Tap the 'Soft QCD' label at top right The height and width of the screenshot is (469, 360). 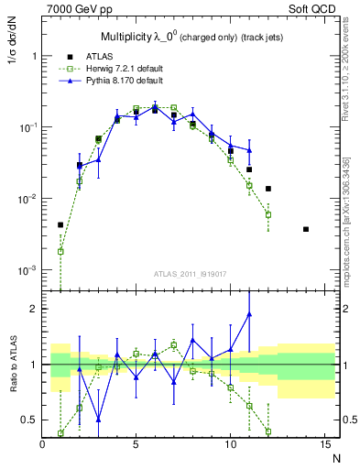(315, 8)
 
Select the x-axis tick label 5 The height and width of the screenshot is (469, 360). (136, 444)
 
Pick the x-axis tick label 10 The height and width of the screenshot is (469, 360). (231, 444)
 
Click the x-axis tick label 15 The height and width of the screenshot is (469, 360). (324, 444)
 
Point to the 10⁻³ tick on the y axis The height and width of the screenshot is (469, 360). (28, 270)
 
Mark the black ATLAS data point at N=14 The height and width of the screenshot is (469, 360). (306, 229)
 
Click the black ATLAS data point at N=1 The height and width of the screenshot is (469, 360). (60, 224)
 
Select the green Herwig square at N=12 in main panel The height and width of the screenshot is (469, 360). (268, 214)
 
